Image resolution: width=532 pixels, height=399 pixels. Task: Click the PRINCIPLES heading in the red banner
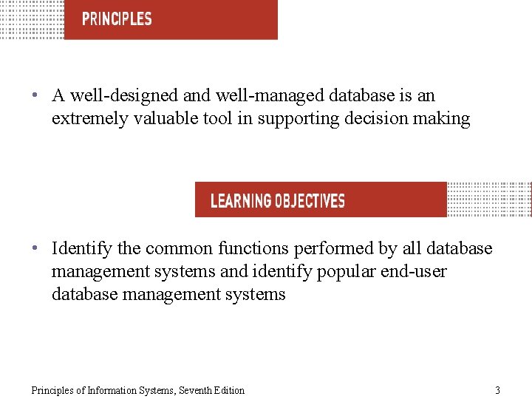[x=117, y=19]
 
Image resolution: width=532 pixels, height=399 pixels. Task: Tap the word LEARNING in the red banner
[x=241, y=201]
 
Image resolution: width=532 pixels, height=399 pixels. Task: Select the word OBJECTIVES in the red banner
[x=310, y=201]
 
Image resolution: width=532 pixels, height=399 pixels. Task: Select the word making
[x=444, y=119]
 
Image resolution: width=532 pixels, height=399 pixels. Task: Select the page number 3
[x=497, y=390]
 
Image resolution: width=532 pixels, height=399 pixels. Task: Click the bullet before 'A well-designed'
[x=35, y=96]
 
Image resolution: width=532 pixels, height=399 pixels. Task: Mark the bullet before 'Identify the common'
[x=35, y=249]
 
